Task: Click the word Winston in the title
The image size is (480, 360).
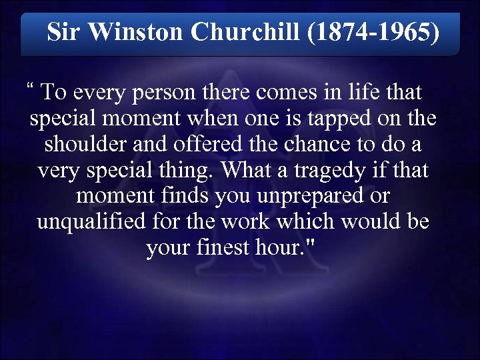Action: pyautogui.click(x=137, y=31)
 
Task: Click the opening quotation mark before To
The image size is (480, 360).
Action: pyautogui.click(x=30, y=87)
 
